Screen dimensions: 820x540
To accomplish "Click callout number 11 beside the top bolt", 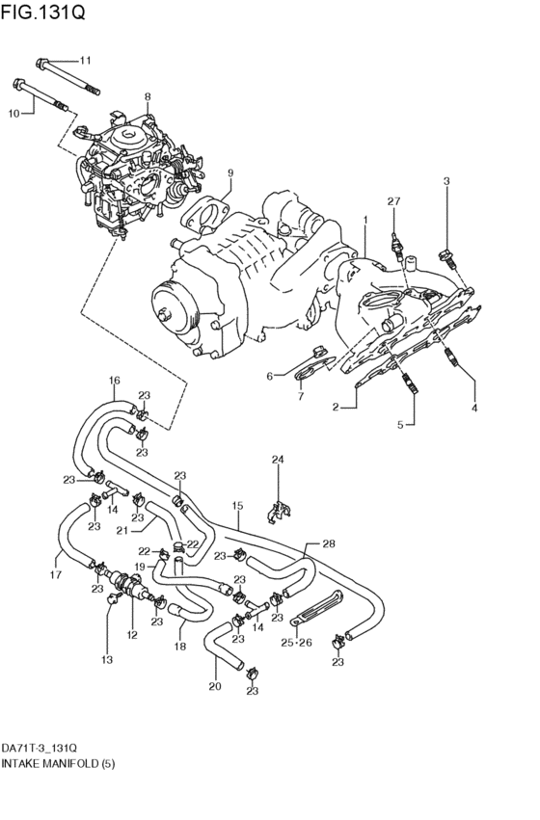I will pyautogui.click(x=84, y=60).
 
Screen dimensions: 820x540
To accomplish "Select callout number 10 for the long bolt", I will pyautogui.click(x=14, y=114).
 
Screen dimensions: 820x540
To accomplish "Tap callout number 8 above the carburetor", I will pyautogui.click(x=148, y=96).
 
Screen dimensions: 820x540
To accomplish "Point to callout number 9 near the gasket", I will pyautogui.click(x=230, y=172).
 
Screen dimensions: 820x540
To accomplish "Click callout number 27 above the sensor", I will pyautogui.click(x=392, y=200).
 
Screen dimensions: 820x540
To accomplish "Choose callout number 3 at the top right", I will pyautogui.click(x=446, y=180).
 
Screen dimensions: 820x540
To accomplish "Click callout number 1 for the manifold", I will pyautogui.click(x=365, y=221).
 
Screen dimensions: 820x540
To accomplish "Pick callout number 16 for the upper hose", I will pyautogui.click(x=114, y=380).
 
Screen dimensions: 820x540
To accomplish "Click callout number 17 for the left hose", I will pyautogui.click(x=56, y=575).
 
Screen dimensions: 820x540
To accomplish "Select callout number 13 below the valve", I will pyautogui.click(x=108, y=660).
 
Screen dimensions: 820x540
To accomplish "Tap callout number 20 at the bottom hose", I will pyautogui.click(x=214, y=687).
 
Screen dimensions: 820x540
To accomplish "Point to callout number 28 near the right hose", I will pyautogui.click(x=328, y=544).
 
